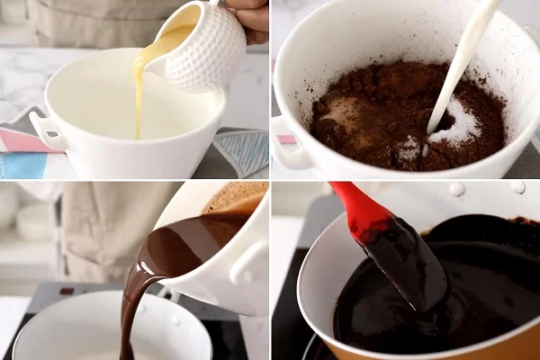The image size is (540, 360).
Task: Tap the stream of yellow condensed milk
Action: click(139, 90)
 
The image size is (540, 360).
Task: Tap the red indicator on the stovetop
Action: click(66, 291)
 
